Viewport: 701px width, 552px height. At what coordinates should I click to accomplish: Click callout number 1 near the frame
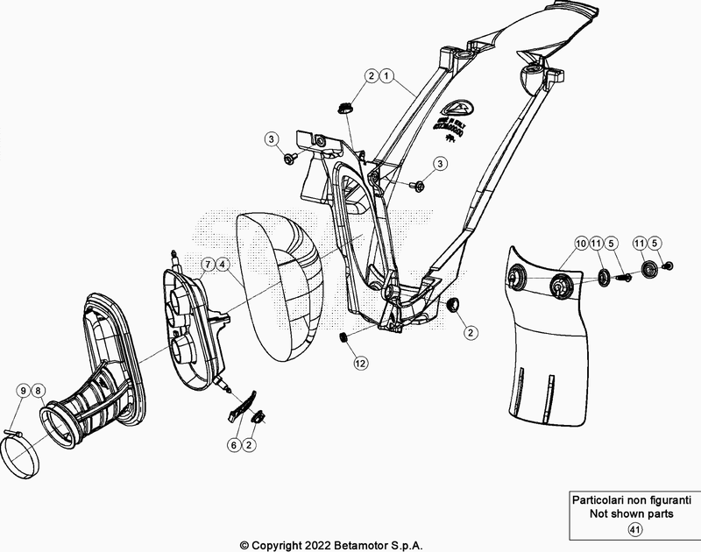coord(386,77)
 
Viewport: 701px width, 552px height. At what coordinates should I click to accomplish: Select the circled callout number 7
coord(208,264)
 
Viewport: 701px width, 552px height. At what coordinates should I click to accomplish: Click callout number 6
coord(234,445)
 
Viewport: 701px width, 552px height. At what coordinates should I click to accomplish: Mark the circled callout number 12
coord(360,361)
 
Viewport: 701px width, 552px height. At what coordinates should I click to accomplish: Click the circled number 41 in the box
coord(634,528)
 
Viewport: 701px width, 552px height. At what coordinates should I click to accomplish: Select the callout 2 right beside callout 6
coord(250,445)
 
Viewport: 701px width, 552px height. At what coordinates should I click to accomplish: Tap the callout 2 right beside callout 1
coord(371,77)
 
